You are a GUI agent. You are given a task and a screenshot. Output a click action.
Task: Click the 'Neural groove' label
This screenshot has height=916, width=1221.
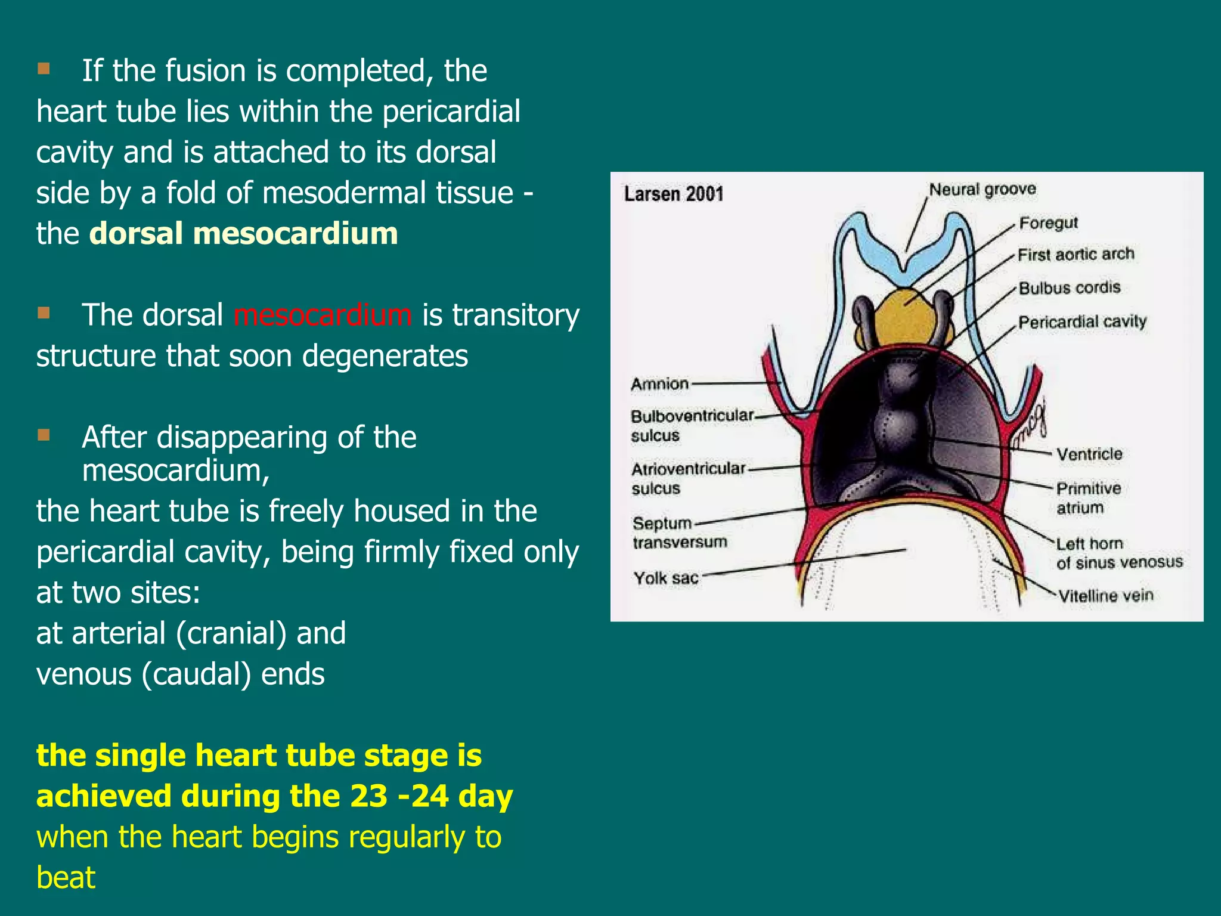tap(982, 190)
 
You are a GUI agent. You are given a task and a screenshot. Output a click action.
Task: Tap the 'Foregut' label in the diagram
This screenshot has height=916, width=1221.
tap(1048, 223)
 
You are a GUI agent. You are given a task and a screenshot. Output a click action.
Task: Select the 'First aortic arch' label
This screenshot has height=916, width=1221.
tap(1076, 255)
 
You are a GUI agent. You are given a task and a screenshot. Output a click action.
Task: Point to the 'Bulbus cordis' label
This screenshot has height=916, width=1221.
tap(1070, 288)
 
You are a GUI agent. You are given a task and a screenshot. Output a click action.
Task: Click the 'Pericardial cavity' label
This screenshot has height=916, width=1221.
tap(1082, 322)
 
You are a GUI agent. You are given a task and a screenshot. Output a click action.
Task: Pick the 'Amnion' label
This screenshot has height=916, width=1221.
tap(659, 384)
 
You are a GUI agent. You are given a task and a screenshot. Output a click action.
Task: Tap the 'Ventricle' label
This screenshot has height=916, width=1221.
tap(1089, 454)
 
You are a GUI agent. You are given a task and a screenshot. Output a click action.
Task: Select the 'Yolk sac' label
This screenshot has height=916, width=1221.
tap(665, 578)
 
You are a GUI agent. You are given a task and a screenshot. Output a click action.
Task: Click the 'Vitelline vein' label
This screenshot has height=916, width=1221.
tap(1105, 596)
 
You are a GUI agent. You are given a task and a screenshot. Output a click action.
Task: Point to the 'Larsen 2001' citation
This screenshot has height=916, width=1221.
tap(674, 194)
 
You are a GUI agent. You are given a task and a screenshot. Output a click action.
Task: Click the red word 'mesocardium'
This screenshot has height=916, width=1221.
tap(323, 315)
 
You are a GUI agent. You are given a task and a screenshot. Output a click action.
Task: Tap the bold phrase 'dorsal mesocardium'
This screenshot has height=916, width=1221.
tap(243, 233)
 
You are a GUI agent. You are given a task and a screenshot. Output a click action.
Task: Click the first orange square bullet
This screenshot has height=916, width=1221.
tap(44, 69)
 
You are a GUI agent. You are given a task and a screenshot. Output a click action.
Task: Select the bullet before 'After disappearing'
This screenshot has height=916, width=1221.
tap(44, 435)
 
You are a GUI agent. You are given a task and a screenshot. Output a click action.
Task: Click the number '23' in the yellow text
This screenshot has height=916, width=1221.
tap(368, 796)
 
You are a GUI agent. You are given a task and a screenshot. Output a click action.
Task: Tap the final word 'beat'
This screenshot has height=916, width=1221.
tap(66, 877)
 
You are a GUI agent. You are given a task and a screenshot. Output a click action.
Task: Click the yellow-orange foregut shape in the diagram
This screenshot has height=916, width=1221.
tap(904, 317)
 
